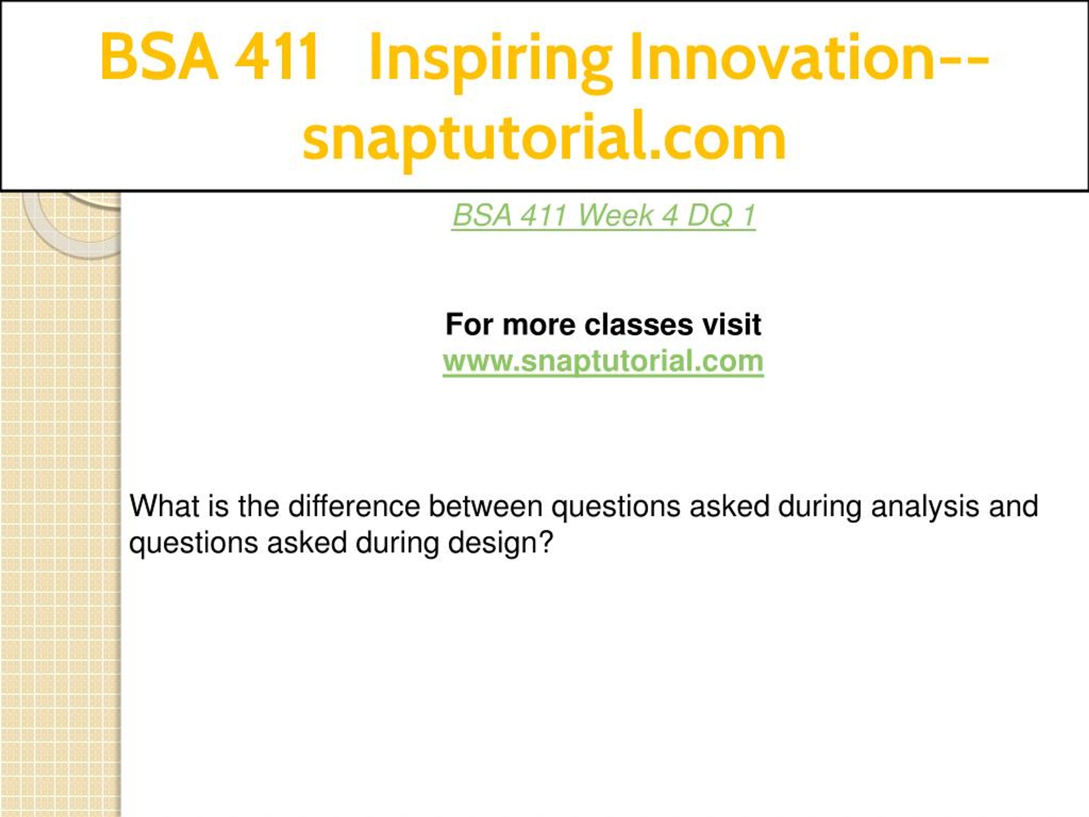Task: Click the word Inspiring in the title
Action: [x=490, y=60]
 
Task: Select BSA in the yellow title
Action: [x=159, y=56]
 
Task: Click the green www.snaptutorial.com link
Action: [x=603, y=361]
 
